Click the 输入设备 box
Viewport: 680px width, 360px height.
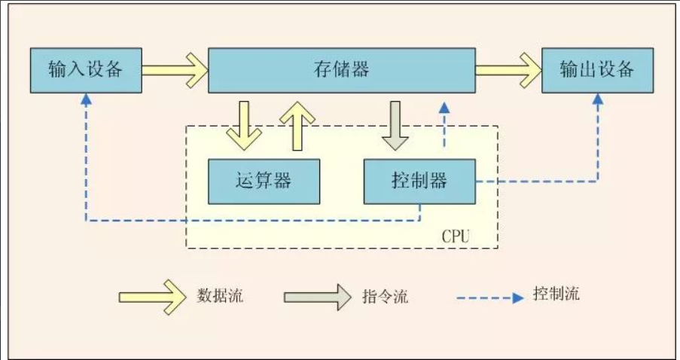(84, 69)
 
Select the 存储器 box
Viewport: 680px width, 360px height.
(341, 70)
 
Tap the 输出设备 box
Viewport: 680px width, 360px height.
(597, 70)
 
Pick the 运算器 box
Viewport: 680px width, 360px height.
(263, 181)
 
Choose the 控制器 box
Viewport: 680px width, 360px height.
(419, 181)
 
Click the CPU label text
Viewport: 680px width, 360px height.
(455, 236)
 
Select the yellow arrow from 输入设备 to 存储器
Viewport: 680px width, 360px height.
(174, 70)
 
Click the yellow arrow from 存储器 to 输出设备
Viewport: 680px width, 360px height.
(508, 70)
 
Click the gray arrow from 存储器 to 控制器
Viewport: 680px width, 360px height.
(395, 124)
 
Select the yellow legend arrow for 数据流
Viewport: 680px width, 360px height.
(151, 296)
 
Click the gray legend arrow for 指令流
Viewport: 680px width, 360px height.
(317, 296)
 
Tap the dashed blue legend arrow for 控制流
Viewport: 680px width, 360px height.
(489, 298)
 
